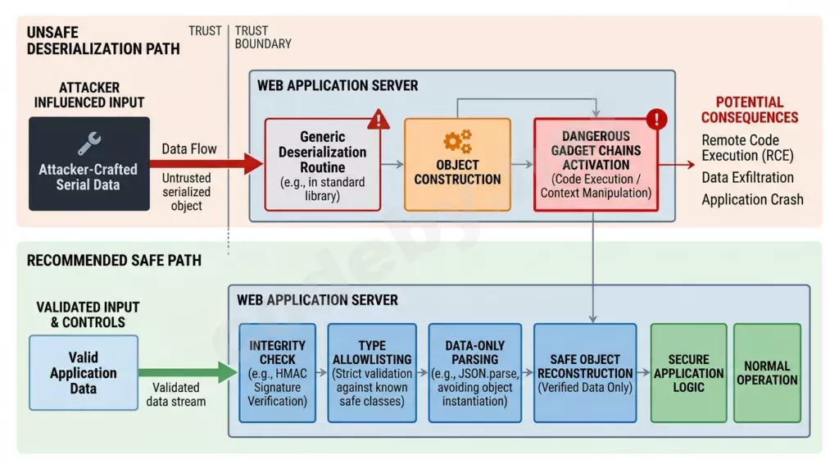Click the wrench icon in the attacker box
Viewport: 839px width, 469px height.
click(88, 143)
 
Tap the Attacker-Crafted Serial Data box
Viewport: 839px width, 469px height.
click(89, 164)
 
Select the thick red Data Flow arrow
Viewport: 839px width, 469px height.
click(206, 164)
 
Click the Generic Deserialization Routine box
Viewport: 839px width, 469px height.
click(323, 165)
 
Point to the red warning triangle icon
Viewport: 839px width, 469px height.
click(379, 119)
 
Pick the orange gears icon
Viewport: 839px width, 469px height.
click(457, 142)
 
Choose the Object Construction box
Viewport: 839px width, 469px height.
click(457, 165)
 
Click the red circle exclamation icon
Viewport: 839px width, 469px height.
click(656, 119)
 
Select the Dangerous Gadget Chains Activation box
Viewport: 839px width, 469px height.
click(596, 165)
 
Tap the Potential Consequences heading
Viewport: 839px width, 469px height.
click(750, 110)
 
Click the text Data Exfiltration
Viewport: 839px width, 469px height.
click(747, 177)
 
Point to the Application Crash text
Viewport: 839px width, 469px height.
click(752, 200)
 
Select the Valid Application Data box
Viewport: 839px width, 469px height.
click(84, 373)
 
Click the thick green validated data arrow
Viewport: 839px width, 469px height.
click(188, 372)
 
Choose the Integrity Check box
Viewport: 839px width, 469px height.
click(277, 373)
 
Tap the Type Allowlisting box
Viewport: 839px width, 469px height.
click(372, 373)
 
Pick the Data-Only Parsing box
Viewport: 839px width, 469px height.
click(474, 373)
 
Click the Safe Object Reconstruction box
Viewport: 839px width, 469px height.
click(585, 373)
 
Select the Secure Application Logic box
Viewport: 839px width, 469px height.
click(688, 373)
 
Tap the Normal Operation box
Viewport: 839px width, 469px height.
click(767, 373)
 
